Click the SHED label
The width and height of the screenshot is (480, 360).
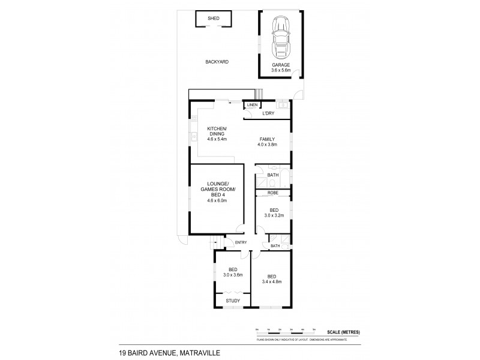pos(214,19)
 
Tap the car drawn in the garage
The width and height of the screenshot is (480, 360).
pos(281,38)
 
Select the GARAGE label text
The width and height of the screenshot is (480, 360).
pos(281,65)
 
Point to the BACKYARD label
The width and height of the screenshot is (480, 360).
pos(217,62)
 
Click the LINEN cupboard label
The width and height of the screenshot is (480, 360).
pos(251,106)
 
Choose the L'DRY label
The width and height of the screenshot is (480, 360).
pos(269,113)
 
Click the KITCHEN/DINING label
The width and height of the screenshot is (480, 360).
pos(217,130)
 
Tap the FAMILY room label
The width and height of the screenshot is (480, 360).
pos(267,139)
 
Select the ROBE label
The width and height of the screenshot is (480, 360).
pos(272,193)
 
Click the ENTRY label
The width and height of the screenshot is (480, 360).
pos(241,242)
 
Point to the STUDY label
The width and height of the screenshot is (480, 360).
pos(233,301)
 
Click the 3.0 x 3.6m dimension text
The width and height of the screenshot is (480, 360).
pos(233,275)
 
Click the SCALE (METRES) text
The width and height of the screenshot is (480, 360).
pos(343,332)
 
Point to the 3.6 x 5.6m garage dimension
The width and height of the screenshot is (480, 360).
pos(281,70)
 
